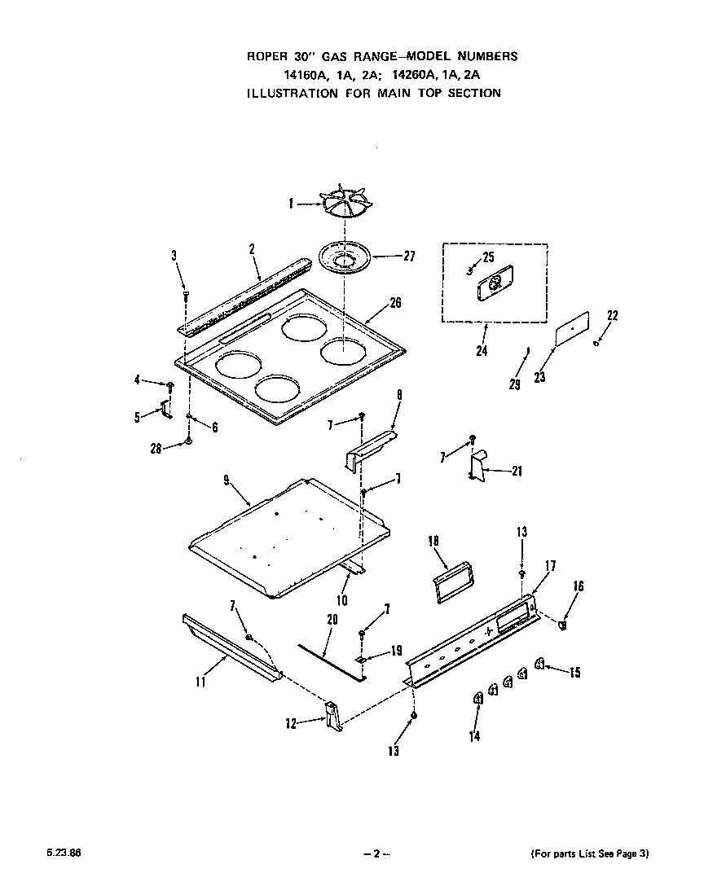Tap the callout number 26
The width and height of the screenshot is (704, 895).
(395, 303)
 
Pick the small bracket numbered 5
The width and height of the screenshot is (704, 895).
(167, 408)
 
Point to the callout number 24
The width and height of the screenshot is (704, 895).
(482, 353)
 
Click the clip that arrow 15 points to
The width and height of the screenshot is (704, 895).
(539, 665)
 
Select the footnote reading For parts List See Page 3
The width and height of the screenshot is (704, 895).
(590, 853)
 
